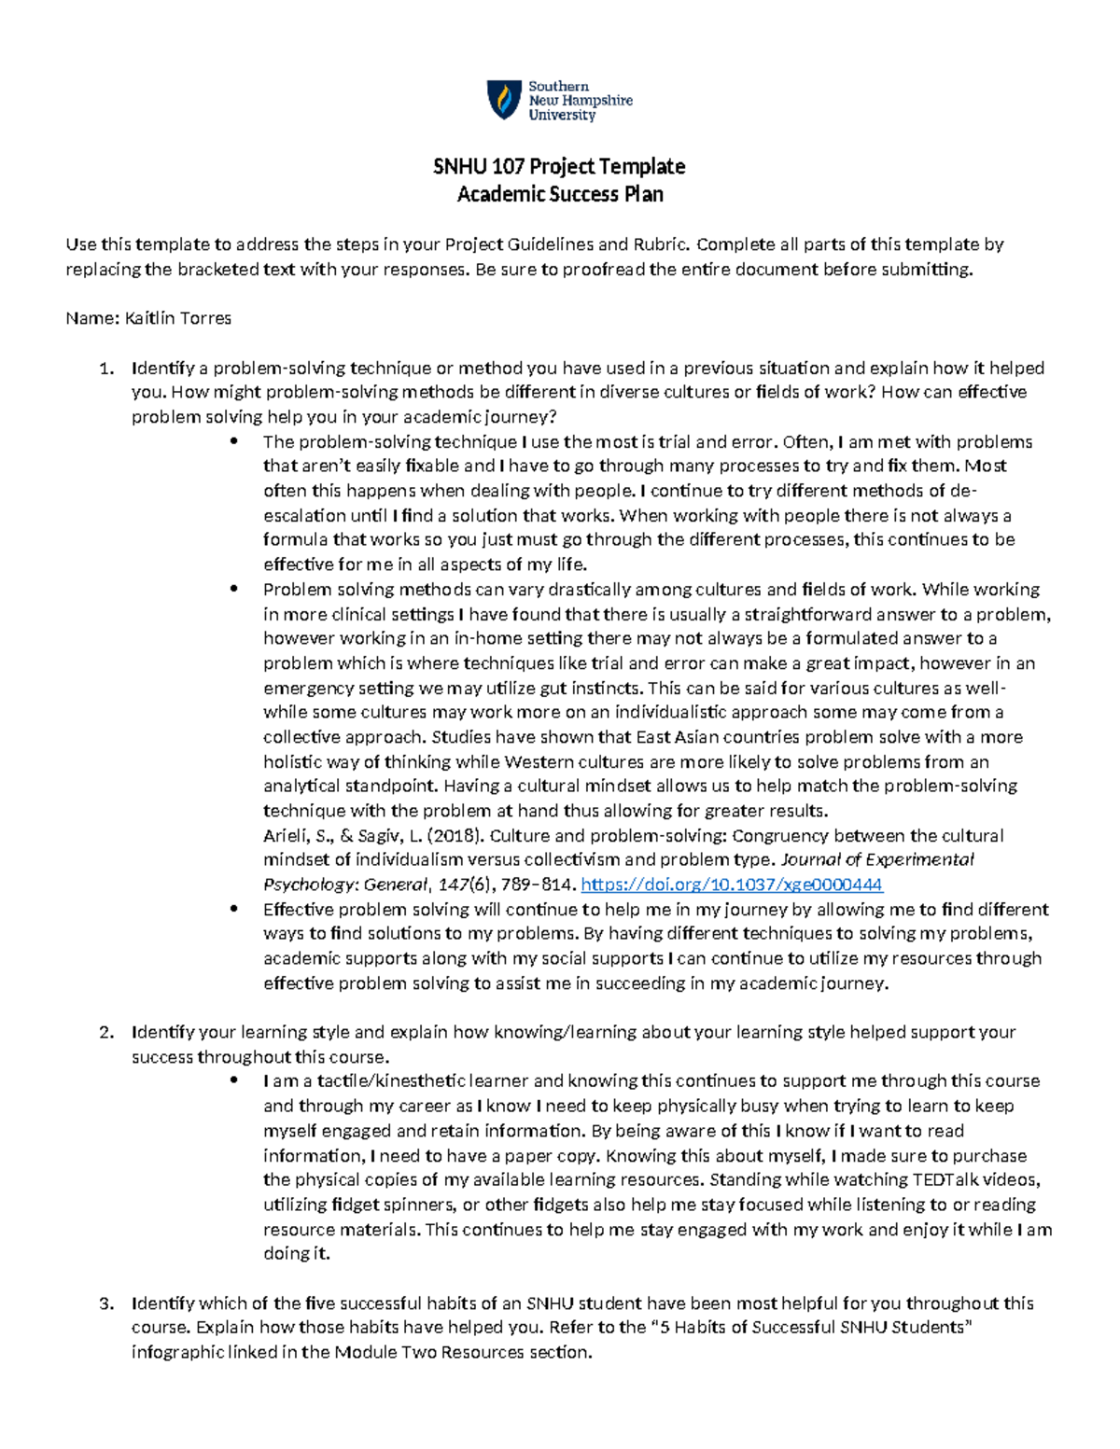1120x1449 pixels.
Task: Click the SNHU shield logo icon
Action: coord(504,100)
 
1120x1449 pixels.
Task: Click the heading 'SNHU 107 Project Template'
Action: coord(559,167)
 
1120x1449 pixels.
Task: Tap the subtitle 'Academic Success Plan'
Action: coord(559,194)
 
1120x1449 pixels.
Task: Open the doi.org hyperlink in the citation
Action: coord(732,885)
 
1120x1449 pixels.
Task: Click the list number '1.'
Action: coord(106,368)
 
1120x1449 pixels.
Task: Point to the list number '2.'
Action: coord(106,1032)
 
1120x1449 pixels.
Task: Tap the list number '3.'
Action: coord(106,1303)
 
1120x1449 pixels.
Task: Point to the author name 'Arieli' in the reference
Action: coord(286,835)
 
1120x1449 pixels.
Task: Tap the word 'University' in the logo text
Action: coord(562,116)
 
